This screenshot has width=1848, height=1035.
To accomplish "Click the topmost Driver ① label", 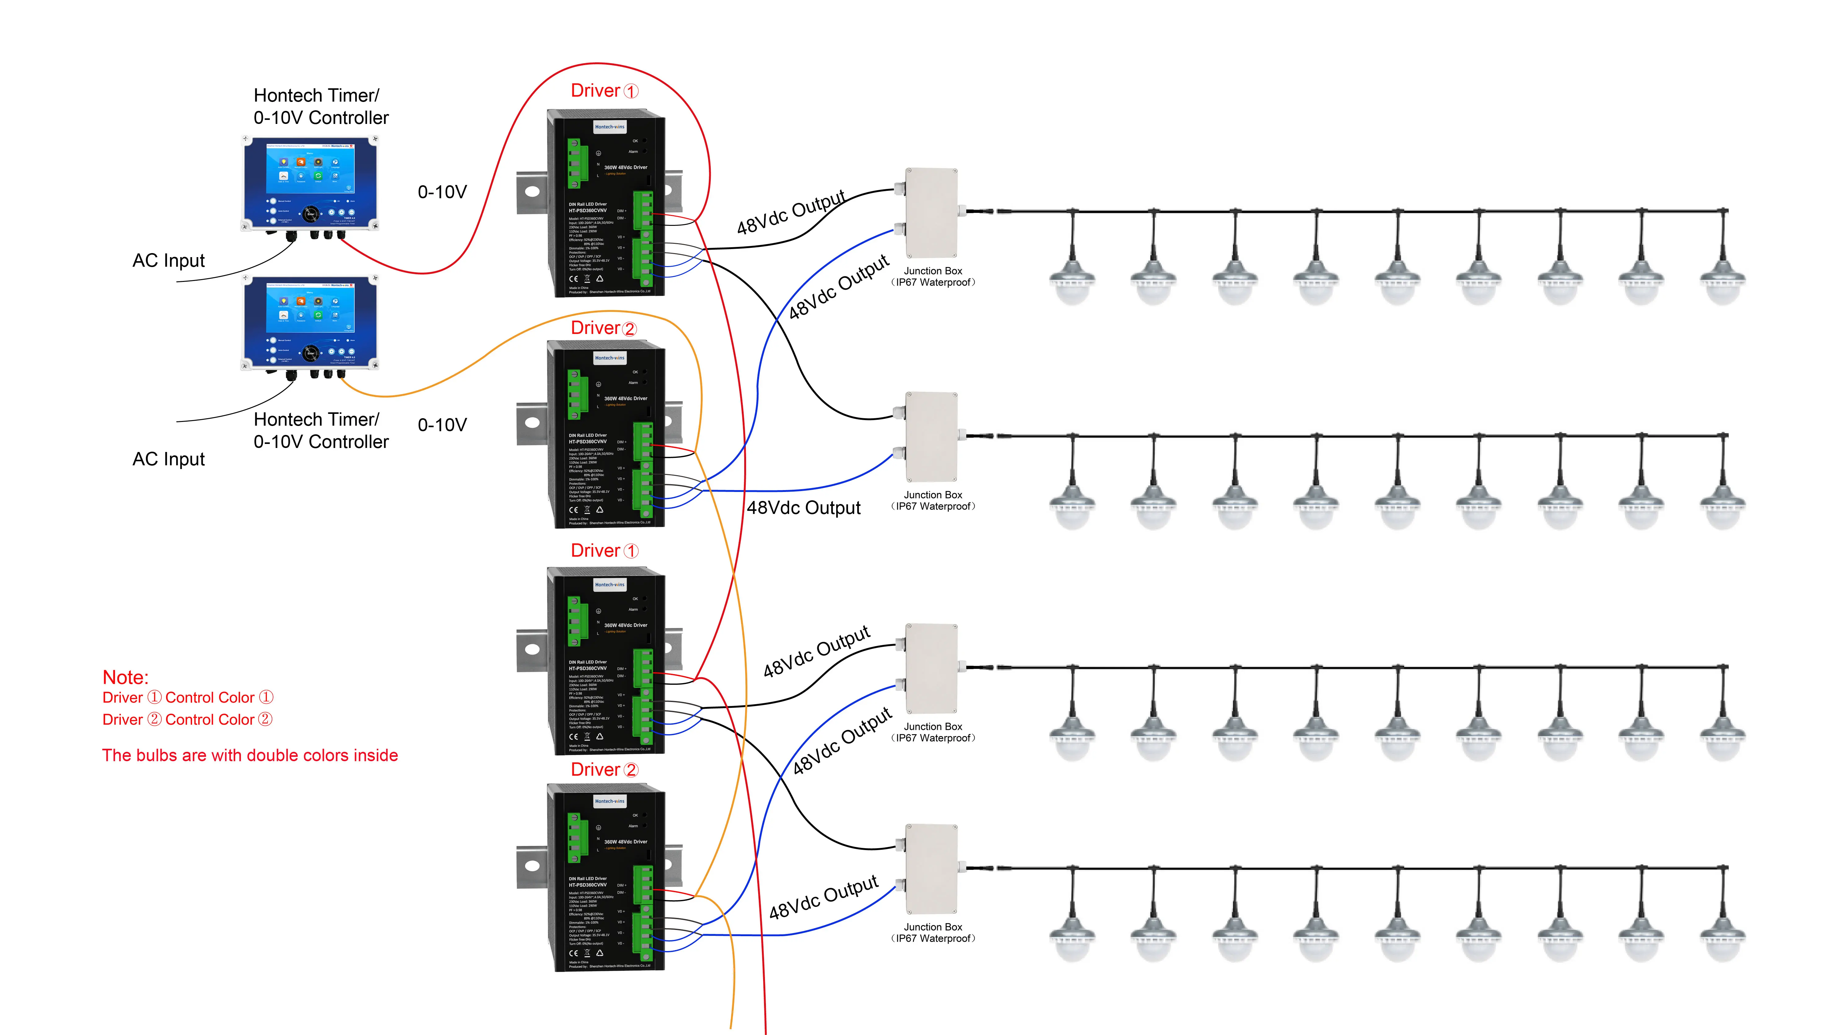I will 604,91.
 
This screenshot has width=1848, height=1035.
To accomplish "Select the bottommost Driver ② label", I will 604,770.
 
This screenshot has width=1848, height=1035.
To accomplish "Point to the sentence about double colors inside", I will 250,755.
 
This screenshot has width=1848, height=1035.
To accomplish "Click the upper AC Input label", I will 168,261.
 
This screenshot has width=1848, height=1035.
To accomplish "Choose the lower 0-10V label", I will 442,425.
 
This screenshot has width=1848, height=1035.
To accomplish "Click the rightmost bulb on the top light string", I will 1723,280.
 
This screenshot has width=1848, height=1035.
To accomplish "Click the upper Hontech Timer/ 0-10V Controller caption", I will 321,106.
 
